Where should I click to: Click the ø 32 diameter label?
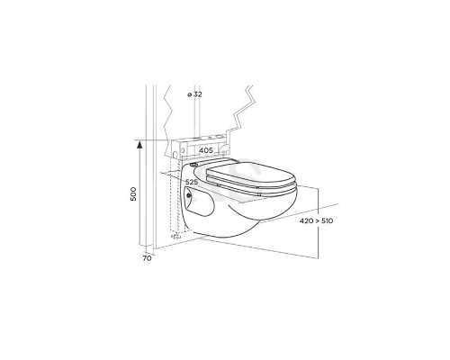(x=194, y=94)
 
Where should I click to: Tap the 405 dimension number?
(x=206, y=150)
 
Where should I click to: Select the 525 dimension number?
(x=192, y=182)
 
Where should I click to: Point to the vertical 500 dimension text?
(x=133, y=193)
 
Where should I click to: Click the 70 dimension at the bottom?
(x=147, y=258)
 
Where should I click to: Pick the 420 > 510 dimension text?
(x=316, y=221)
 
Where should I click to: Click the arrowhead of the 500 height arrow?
(x=139, y=146)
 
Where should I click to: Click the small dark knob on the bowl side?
(x=189, y=195)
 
